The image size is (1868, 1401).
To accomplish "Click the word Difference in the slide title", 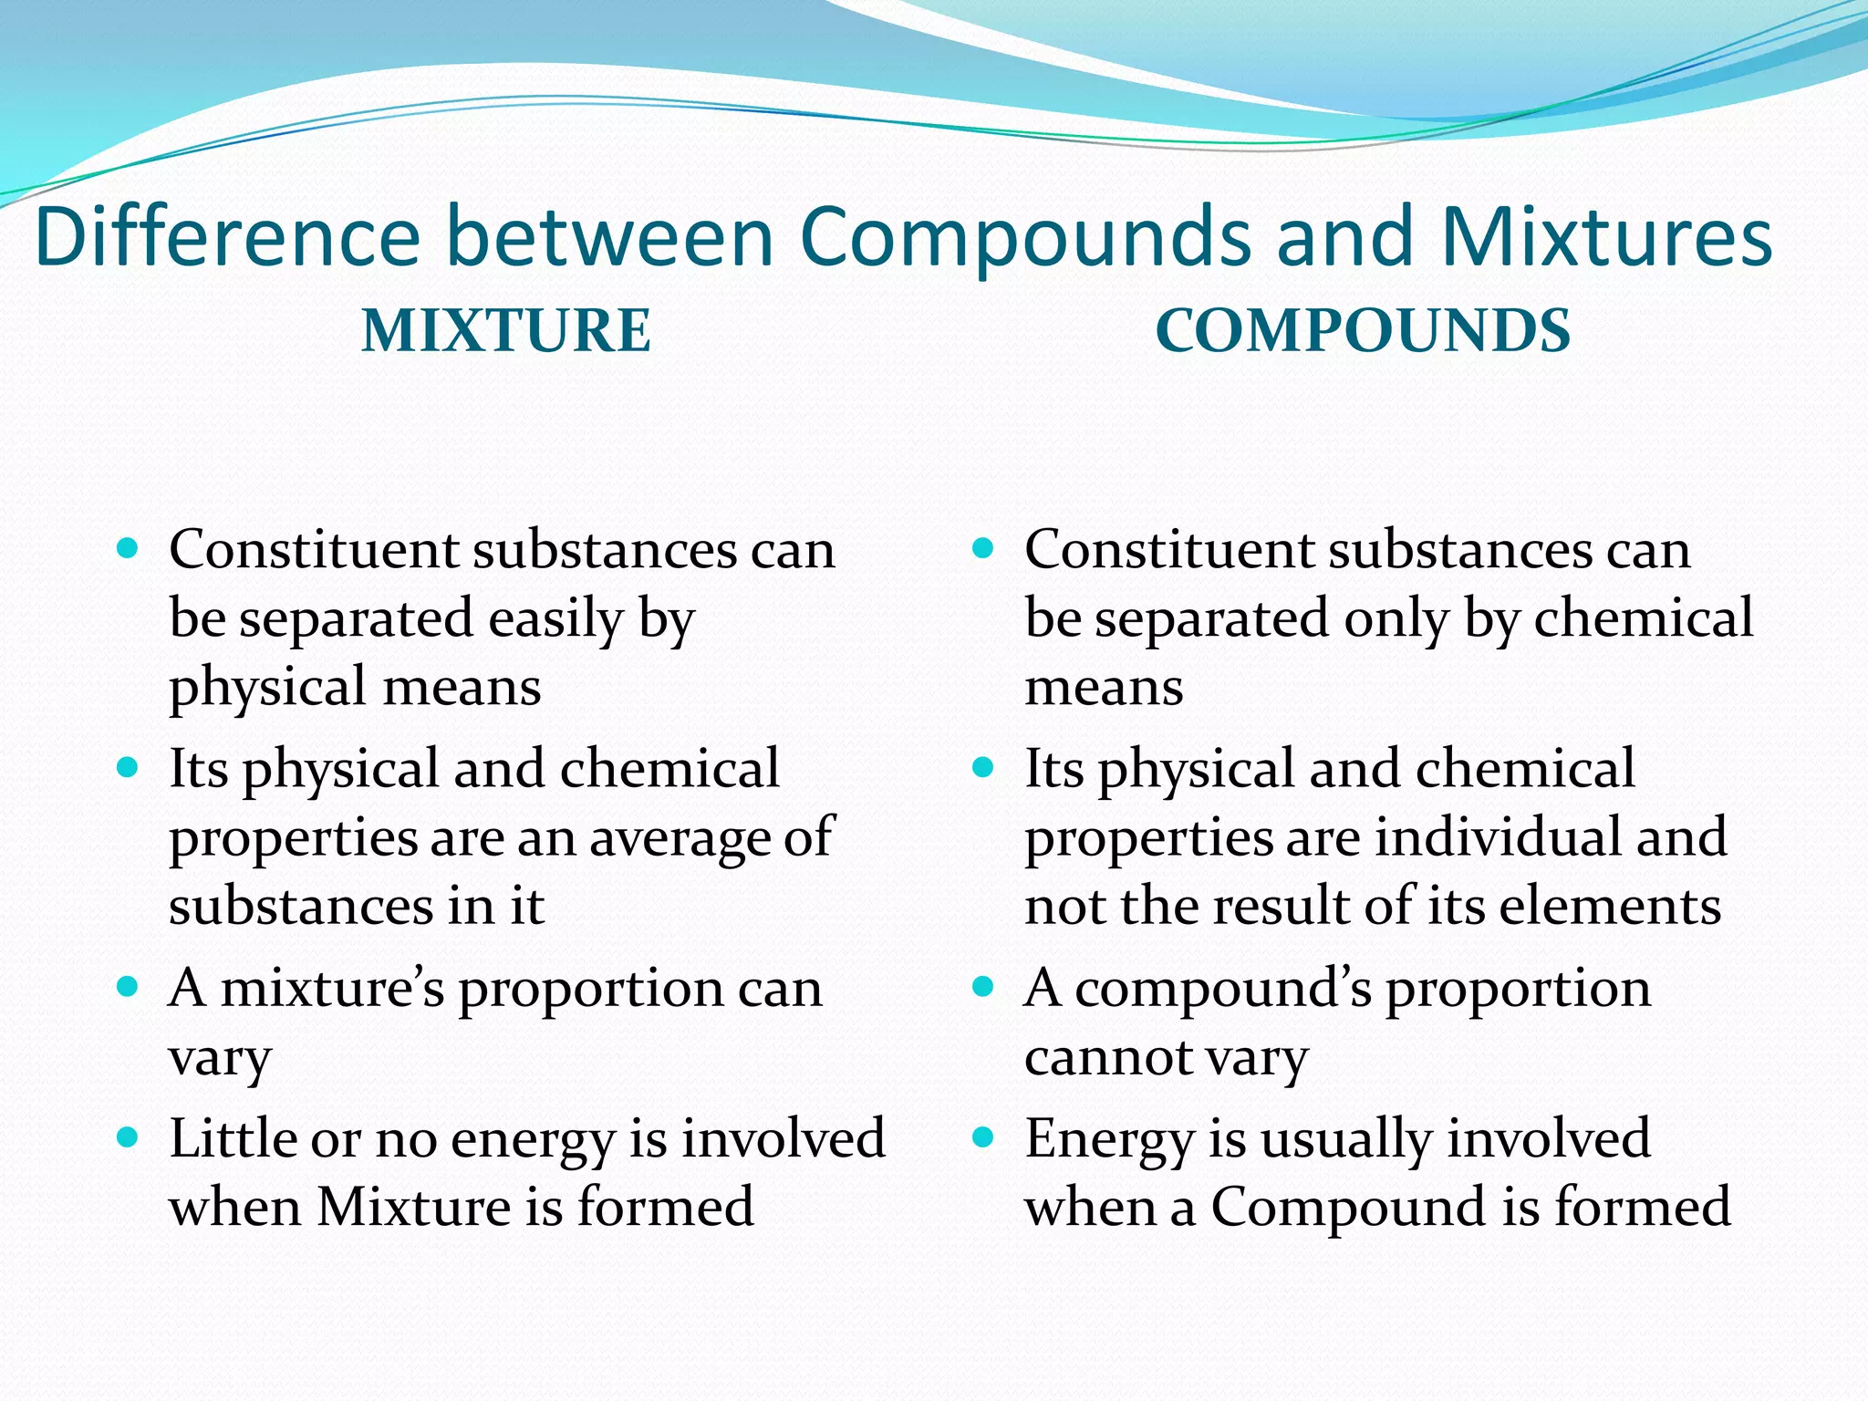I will pyautogui.click(x=227, y=237).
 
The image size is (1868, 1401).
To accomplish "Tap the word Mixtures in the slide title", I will pyautogui.click(x=1606, y=237).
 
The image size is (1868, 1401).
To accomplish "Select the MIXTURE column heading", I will pyautogui.click(x=506, y=330).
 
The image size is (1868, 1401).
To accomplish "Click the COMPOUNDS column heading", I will pyautogui.click(x=1363, y=330).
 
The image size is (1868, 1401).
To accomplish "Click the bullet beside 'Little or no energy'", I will pyautogui.click(x=128, y=1136).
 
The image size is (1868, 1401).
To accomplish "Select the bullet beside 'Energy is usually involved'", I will pyautogui.click(x=982, y=1136).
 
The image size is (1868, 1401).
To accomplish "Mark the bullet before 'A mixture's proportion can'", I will pyautogui.click(x=128, y=986).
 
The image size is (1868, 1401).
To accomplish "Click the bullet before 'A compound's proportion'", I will pyautogui.click(x=982, y=986).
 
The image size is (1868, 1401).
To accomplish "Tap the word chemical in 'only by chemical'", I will pyautogui.click(x=1644, y=618).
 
